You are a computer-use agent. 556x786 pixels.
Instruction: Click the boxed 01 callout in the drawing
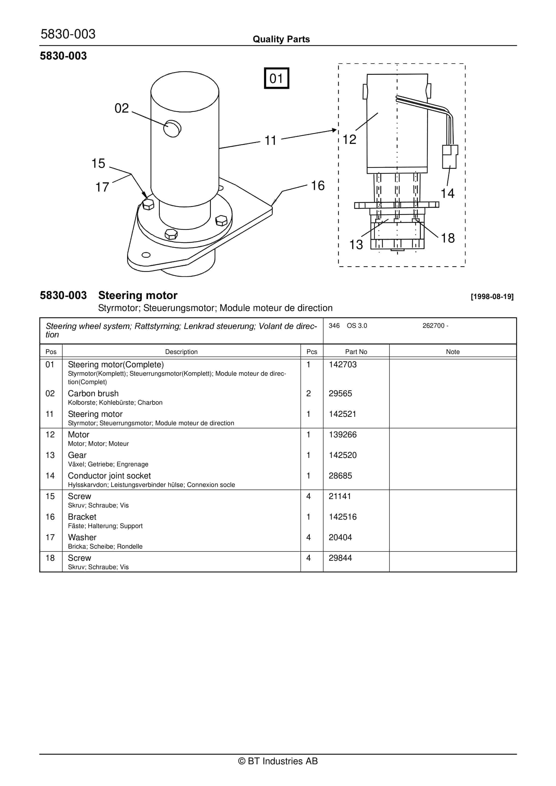pos(276,79)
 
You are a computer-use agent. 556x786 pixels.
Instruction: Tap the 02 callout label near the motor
pos(121,108)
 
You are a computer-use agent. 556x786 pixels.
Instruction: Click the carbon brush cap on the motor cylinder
pos(172,129)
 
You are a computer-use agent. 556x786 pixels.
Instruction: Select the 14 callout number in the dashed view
pos(447,194)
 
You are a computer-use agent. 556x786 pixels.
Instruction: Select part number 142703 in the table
pos(342,364)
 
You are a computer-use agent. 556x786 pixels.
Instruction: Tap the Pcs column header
pos(312,352)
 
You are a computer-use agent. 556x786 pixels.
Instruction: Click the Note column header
pos(453,352)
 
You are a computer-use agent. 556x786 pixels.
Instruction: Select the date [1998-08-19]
pos(492,297)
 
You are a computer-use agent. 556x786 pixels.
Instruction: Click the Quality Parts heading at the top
pos(281,39)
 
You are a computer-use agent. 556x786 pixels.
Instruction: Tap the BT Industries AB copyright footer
pos(278,761)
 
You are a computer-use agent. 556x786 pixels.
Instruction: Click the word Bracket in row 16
pos(82,517)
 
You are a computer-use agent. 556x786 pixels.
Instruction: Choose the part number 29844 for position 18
pos(340,558)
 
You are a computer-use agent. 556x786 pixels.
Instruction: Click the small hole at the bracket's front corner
pos(146,255)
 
